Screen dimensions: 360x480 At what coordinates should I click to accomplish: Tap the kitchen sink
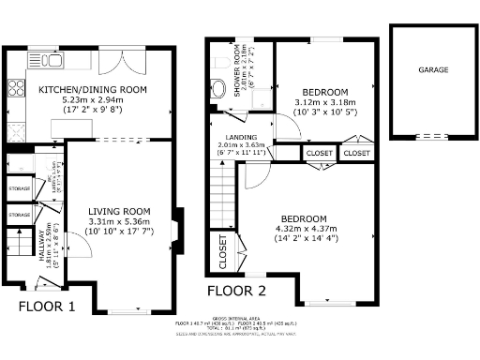47,60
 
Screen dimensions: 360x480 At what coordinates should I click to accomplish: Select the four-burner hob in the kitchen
15,90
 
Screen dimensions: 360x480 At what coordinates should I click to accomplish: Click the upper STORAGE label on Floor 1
19,188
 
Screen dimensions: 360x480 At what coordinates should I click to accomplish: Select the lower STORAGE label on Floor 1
19,215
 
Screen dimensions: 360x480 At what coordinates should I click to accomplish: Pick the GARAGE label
432,70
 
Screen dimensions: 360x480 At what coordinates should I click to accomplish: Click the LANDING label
229,135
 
